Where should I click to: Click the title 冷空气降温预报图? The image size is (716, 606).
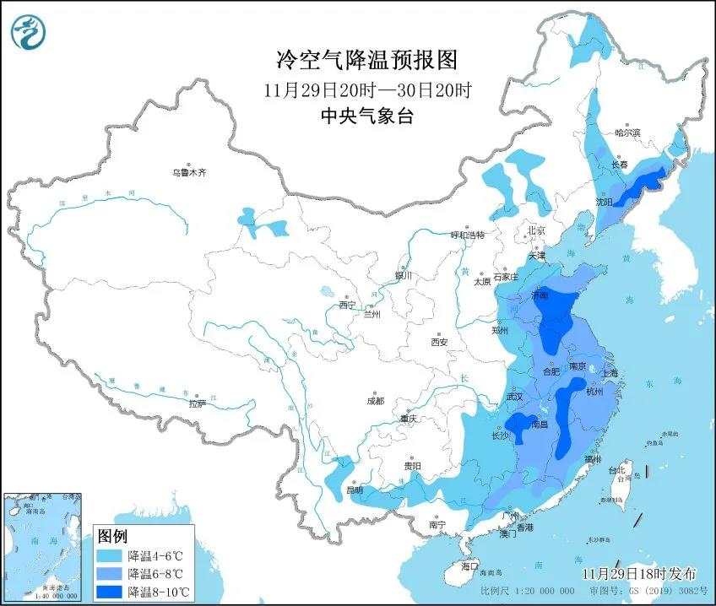[366, 60]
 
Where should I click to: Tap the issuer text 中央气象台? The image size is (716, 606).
[366, 116]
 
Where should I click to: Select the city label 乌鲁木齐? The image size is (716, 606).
[189, 172]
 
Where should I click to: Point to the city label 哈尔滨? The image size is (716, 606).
[627, 133]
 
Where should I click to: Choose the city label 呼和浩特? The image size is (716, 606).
[467, 235]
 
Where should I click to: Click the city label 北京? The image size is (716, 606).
[536, 230]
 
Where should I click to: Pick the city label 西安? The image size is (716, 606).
[439, 342]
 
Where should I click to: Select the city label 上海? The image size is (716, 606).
[609, 373]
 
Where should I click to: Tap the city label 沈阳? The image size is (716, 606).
[604, 202]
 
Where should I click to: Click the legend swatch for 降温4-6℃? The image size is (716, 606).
[111, 556]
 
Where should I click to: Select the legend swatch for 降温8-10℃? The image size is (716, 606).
[111, 589]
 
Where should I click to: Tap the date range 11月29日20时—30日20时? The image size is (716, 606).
[366, 89]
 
